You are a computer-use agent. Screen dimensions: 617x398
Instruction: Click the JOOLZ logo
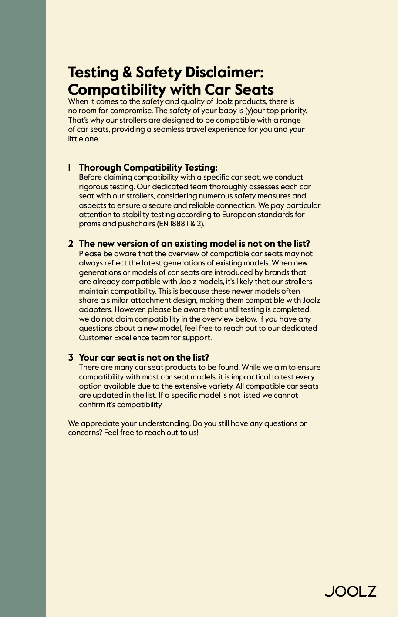click(x=351, y=591)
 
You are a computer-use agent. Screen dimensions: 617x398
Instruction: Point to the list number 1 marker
click(x=69, y=168)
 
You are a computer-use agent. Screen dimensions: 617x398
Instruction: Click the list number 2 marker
click(x=71, y=244)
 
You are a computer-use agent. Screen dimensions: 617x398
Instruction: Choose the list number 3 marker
click(x=71, y=358)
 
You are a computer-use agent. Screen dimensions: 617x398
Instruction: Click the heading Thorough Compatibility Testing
click(x=148, y=168)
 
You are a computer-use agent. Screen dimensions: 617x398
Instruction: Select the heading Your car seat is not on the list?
click(x=144, y=358)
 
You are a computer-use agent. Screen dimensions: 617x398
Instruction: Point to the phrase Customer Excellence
click(x=114, y=338)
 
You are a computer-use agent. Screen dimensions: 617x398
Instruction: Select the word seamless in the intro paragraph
click(x=166, y=129)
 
